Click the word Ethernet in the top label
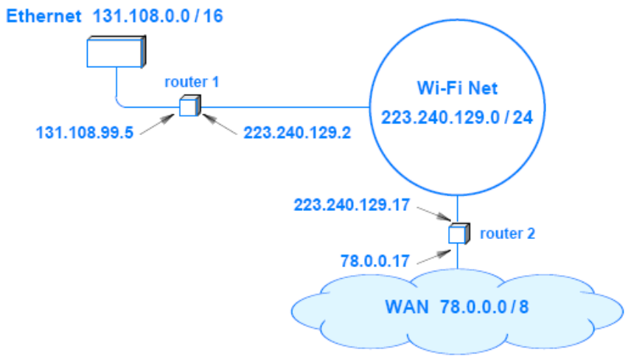point(43,16)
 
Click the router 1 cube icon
point(188,106)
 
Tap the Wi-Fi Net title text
point(457,89)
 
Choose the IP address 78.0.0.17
point(374,260)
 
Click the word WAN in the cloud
point(405,306)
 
